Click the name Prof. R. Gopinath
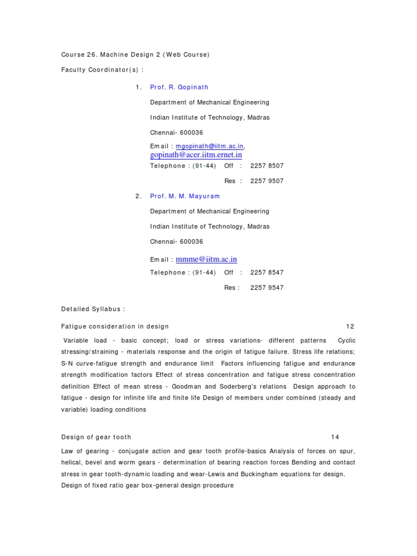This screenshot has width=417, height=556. pyautogui.click(x=179, y=87)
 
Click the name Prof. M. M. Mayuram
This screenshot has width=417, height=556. pyautogui.click(x=185, y=196)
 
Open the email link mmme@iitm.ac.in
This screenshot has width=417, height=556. pyautogui.click(x=206, y=260)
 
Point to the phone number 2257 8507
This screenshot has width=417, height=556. pyautogui.click(x=267, y=166)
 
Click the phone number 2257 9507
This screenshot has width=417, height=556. pyautogui.click(x=267, y=181)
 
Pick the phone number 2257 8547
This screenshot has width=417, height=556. pyautogui.click(x=267, y=273)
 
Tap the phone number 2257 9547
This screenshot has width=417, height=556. pyautogui.click(x=267, y=288)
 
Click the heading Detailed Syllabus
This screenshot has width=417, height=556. pyautogui.click(x=93, y=309)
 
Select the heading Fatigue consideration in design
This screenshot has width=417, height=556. pyautogui.click(x=115, y=326)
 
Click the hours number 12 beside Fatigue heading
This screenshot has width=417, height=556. pyautogui.click(x=350, y=326)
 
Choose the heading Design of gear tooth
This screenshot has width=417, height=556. pyautogui.click(x=96, y=437)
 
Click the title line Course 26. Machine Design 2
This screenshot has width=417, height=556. pyautogui.click(x=135, y=54)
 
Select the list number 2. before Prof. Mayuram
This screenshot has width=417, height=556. pyautogui.click(x=138, y=196)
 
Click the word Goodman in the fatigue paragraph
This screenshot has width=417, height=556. pyautogui.click(x=187, y=387)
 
